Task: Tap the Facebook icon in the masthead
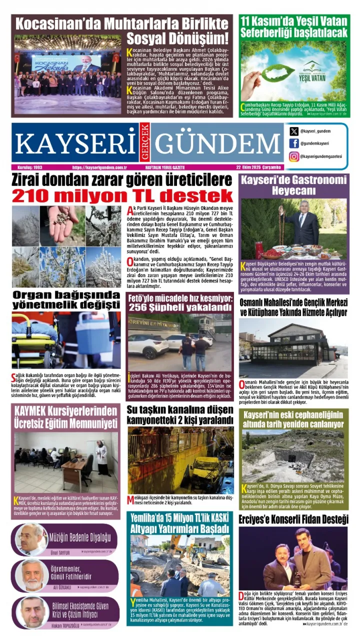[x=294, y=144]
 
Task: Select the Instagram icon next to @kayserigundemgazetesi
[x=294, y=156]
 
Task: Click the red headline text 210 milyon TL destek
[x=123, y=195]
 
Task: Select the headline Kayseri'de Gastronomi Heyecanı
[x=293, y=185]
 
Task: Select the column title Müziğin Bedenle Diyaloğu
[x=80, y=537]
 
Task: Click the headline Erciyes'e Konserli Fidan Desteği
[x=293, y=520]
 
